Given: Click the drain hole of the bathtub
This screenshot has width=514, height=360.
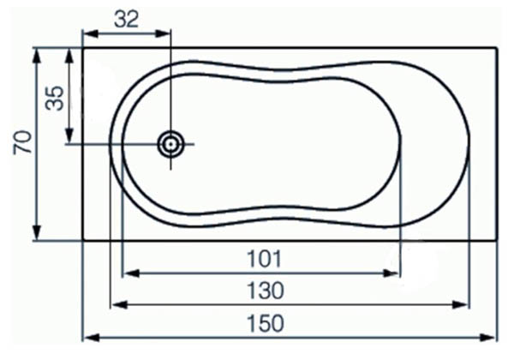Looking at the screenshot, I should pos(171,144).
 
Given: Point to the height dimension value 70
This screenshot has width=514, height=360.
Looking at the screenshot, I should pos(23,142).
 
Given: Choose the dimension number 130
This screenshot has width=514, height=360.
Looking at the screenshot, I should pos(265,291).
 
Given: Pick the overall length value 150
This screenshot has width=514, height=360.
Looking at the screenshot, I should pos(265,323).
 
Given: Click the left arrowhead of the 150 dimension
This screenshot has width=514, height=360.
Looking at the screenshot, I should pos(87,336).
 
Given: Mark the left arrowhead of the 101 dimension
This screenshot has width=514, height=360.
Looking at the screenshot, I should pos(128,273).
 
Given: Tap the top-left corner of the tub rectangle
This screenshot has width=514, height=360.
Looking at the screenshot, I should pos(82,48).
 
